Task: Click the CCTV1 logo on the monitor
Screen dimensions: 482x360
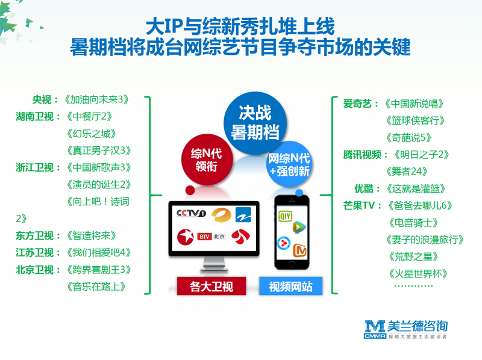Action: [x=191, y=213]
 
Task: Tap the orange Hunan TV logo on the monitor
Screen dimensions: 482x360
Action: [x=221, y=215]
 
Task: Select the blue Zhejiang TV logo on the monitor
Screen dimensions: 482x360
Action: [x=243, y=214]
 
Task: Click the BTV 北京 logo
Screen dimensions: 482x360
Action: [x=211, y=237]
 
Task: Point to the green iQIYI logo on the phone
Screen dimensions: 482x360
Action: [x=285, y=216]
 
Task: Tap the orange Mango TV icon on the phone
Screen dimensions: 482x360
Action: [x=299, y=250]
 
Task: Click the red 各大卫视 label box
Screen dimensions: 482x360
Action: [x=211, y=286]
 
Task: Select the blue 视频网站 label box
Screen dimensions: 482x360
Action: [x=291, y=286]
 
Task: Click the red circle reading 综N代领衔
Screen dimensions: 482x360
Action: [x=207, y=160]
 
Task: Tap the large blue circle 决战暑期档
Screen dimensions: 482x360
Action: [x=255, y=123]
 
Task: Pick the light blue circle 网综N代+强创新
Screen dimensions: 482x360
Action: [x=289, y=164]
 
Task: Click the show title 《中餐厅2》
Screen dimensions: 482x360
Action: [x=89, y=117]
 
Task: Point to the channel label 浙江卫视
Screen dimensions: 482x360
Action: [x=35, y=168]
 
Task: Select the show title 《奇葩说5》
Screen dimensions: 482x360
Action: [x=409, y=138]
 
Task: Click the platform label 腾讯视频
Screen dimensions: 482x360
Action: [x=362, y=155]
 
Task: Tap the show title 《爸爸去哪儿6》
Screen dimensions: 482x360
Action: [x=420, y=205]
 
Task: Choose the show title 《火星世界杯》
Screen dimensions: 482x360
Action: [x=418, y=273]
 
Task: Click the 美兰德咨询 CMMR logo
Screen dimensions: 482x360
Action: [x=405, y=329]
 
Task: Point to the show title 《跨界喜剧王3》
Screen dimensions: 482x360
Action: [x=99, y=270]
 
